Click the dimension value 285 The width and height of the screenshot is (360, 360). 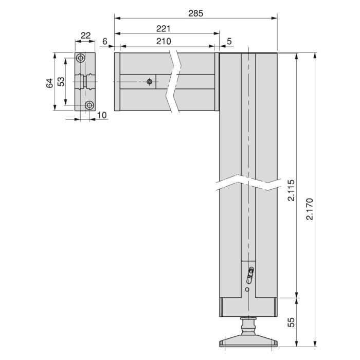click(195, 13)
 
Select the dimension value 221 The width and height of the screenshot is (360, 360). click(165, 29)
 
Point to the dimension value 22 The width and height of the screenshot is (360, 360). click(85, 35)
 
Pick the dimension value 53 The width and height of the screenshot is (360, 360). click(61, 82)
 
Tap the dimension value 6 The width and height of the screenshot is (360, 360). click(105, 41)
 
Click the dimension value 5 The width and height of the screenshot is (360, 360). click(229, 41)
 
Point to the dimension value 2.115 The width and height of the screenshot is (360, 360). click(291, 191)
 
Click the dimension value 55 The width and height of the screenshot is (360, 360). click(291, 322)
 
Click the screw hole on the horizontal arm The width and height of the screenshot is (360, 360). click(150, 82)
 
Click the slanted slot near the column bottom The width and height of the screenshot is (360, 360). click(250, 275)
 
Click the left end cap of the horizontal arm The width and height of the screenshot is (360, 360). click(117, 82)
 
